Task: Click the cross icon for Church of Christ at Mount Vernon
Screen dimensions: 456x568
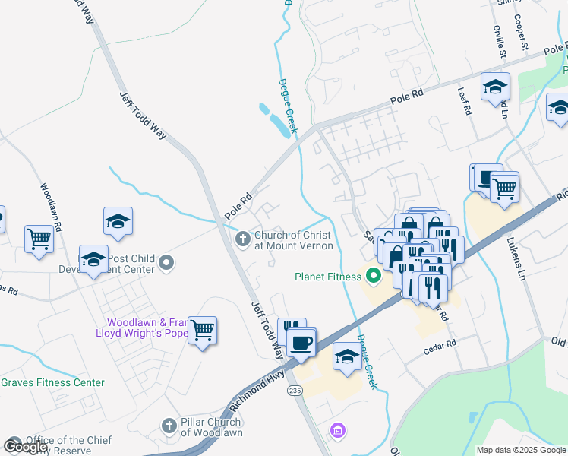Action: (x=243, y=240)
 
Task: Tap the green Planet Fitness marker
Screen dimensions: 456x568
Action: (x=373, y=276)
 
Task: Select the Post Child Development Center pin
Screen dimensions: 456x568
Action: (x=168, y=264)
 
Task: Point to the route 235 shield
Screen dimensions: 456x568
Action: (x=295, y=390)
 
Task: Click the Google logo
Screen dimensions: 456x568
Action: (x=24, y=446)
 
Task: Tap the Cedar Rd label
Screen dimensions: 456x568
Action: (x=440, y=344)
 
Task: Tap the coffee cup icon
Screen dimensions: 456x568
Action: (x=301, y=341)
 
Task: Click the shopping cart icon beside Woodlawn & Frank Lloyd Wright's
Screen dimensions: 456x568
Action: (x=202, y=331)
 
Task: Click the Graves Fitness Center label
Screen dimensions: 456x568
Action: (x=52, y=382)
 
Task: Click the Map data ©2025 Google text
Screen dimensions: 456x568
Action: (x=521, y=450)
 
